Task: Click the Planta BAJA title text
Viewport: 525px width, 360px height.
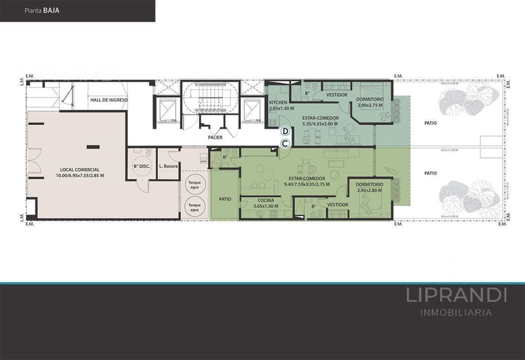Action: (x=43, y=11)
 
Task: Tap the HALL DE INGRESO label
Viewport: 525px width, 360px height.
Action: (x=109, y=100)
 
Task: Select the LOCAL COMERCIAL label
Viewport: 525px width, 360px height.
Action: (x=82, y=170)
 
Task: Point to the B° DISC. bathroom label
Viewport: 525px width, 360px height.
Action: (x=140, y=167)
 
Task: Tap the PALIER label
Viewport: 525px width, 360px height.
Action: (x=214, y=138)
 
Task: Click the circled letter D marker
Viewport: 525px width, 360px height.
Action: (x=285, y=131)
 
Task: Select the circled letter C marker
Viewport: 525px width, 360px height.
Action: (x=285, y=143)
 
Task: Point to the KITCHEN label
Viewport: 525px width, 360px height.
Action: (x=279, y=103)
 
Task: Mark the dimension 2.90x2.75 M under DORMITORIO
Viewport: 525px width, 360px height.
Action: (x=369, y=105)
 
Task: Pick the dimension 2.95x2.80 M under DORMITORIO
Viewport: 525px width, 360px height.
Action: (x=370, y=190)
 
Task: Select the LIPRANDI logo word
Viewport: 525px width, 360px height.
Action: (x=456, y=295)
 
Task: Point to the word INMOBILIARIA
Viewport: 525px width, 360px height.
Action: (x=456, y=312)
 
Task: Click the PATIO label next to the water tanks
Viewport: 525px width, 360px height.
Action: (x=225, y=198)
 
